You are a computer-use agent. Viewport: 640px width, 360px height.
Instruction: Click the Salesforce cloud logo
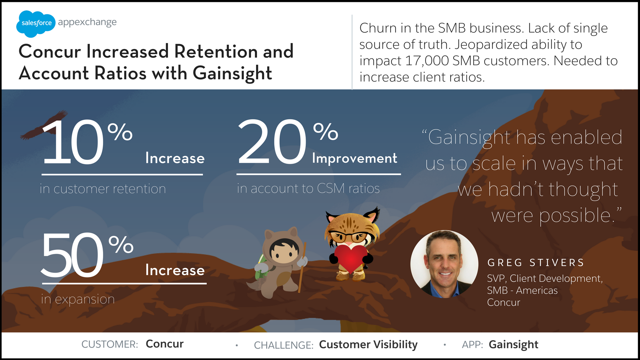click(x=36, y=23)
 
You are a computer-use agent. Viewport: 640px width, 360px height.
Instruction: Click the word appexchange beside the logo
click(x=87, y=23)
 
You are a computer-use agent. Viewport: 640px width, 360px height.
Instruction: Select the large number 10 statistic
click(x=73, y=142)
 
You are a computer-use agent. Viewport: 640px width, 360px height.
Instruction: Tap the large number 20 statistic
click(x=272, y=142)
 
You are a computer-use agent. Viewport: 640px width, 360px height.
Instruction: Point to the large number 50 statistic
click(x=72, y=255)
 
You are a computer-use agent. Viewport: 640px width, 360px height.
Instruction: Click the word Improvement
click(x=355, y=159)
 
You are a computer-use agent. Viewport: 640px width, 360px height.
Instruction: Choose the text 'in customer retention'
click(x=103, y=189)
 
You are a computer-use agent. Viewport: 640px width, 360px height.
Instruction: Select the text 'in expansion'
click(x=78, y=299)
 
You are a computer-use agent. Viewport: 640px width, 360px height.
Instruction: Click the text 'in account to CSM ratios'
click(x=308, y=189)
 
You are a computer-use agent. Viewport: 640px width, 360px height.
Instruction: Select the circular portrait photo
click(x=444, y=264)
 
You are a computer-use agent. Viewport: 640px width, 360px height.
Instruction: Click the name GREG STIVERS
click(x=536, y=263)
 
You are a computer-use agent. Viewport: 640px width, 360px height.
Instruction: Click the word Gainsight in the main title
click(x=232, y=73)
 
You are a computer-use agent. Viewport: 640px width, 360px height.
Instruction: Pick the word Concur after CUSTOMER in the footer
click(x=165, y=344)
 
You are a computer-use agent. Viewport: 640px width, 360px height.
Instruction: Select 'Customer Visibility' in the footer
click(x=368, y=345)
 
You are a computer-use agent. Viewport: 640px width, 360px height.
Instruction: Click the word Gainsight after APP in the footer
click(x=513, y=345)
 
